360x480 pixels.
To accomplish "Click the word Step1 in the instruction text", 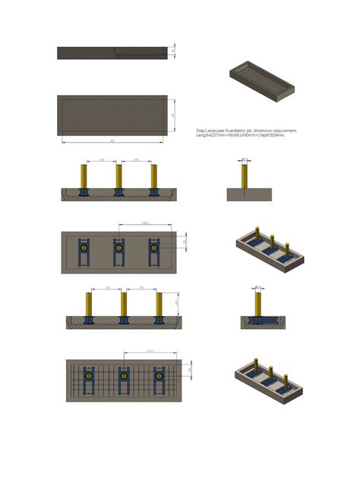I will [203, 131].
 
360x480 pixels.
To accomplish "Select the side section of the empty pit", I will [112, 52].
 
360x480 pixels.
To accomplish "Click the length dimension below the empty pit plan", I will [112, 141].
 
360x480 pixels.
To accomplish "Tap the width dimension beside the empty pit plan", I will [174, 115].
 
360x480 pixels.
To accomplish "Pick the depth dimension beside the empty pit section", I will [174, 51].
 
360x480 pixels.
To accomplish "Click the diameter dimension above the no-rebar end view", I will [245, 159].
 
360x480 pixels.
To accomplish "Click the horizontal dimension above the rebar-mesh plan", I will [150, 352].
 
